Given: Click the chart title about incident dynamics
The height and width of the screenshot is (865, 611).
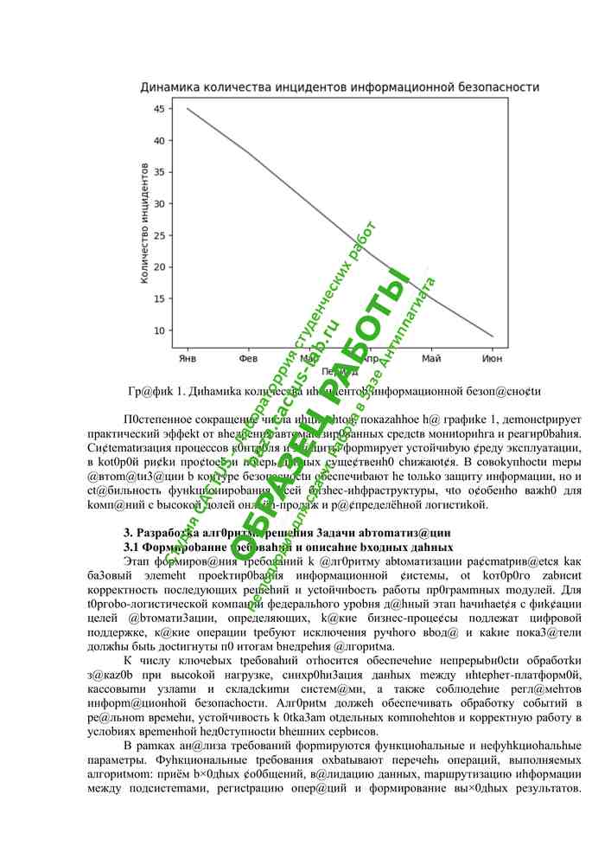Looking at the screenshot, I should (x=341, y=87).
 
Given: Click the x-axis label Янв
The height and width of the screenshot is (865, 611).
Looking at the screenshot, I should (x=187, y=356).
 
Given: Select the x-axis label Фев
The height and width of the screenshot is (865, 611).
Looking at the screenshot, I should (x=248, y=356).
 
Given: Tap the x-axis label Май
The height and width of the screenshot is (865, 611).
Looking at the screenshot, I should (x=431, y=356).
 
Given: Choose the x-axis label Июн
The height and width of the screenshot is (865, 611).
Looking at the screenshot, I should (x=493, y=356).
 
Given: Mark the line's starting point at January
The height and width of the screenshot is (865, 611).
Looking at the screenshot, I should (x=187, y=108).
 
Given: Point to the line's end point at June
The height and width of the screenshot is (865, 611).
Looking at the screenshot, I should (x=493, y=336).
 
